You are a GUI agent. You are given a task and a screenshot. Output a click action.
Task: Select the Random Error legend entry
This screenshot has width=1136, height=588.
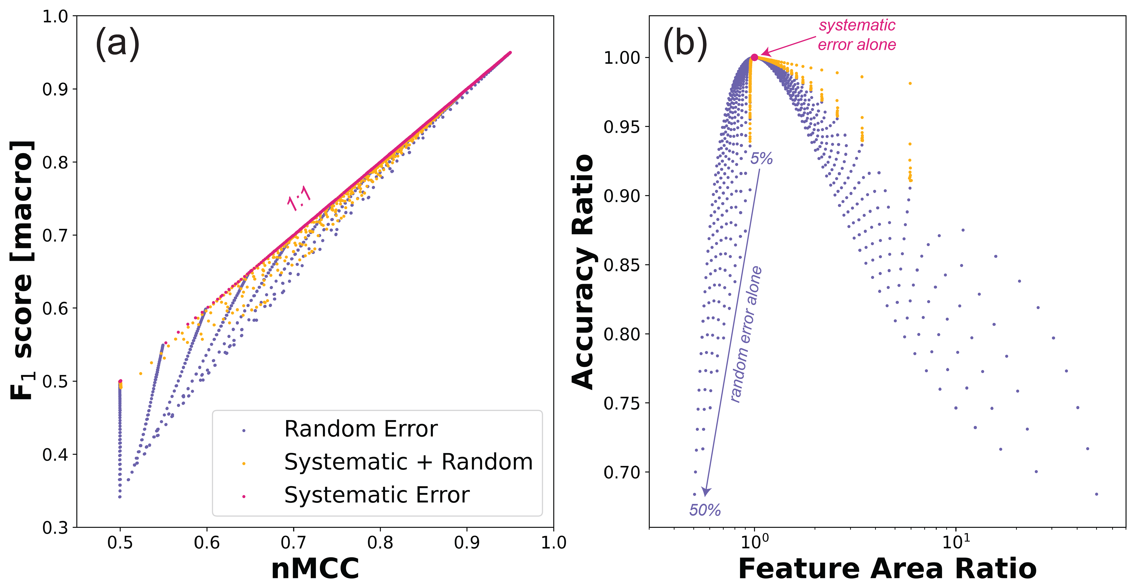[x=360, y=429]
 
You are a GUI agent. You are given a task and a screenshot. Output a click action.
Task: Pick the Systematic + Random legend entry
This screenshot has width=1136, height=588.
[x=408, y=462]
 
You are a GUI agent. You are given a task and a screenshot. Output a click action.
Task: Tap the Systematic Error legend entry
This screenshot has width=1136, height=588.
[x=377, y=495]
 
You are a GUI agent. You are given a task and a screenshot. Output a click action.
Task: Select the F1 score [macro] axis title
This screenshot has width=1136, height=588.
[x=22, y=270]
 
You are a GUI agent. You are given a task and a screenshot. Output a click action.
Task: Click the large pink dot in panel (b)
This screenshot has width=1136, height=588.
[x=755, y=57]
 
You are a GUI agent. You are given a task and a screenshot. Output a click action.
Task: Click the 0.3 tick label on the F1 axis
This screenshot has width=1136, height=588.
[x=55, y=528]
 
